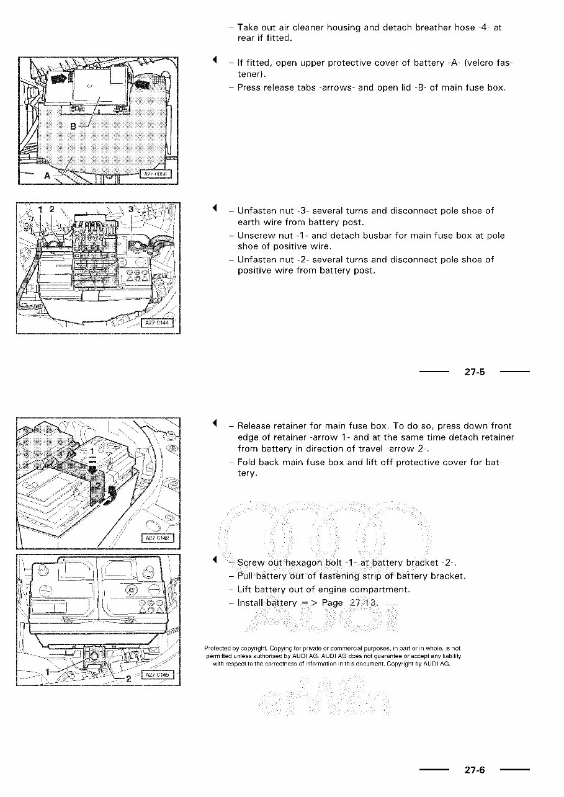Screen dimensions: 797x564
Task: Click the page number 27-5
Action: pos(474,372)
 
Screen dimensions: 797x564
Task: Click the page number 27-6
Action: pos(474,770)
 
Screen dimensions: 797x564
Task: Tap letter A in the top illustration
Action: pos(47,175)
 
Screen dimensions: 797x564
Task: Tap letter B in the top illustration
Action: pos(72,127)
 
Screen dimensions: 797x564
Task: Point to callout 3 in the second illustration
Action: pos(131,210)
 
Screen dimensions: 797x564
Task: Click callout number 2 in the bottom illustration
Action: pos(128,679)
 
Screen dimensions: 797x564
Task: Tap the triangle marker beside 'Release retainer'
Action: pos(214,424)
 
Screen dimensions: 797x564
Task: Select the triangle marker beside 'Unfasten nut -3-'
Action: pos(214,207)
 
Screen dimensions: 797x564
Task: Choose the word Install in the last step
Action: pos(251,603)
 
